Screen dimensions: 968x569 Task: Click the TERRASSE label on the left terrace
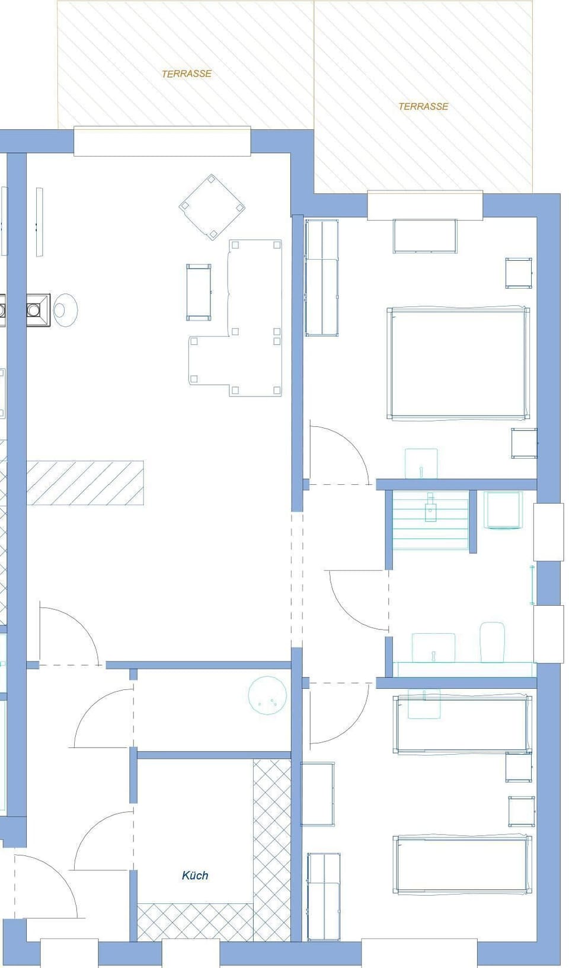[187, 74]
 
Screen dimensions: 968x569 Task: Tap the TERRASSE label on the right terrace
[423, 107]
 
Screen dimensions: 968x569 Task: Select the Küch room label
[195, 876]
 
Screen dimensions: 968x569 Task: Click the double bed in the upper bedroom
[458, 363]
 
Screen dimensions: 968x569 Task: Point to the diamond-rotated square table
[212, 207]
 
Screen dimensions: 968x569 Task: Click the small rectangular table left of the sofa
[199, 292]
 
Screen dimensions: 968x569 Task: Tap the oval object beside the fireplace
[65, 309]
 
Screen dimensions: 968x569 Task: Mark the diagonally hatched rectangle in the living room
[85, 483]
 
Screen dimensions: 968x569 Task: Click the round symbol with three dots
[267, 695]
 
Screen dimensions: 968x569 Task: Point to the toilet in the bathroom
[492, 642]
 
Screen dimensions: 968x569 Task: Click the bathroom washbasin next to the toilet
[433, 647]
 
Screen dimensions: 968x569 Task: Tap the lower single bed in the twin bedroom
[462, 865]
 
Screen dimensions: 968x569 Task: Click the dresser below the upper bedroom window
[424, 236]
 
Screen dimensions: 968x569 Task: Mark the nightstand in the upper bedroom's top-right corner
[519, 273]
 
